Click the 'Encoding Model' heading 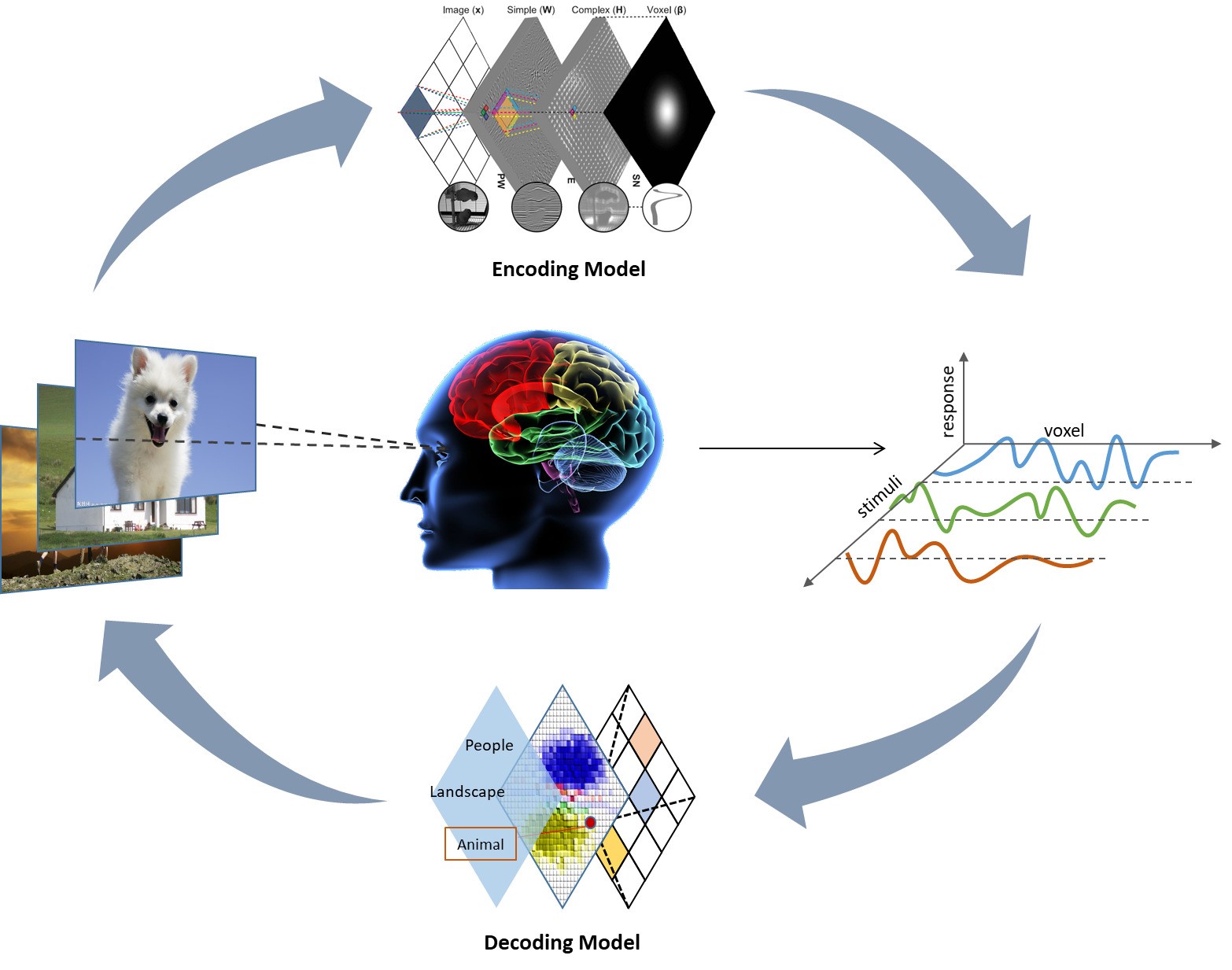(x=568, y=269)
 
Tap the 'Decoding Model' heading (x=562, y=942)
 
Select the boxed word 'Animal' (x=481, y=844)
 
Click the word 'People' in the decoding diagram (x=489, y=745)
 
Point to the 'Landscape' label (x=467, y=791)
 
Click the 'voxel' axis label (x=1064, y=430)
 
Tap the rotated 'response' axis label (x=948, y=400)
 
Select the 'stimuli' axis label (x=879, y=496)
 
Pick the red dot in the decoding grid (x=590, y=822)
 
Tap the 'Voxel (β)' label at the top (x=666, y=10)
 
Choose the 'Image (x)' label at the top (x=463, y=10)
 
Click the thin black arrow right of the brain (x=791, y=448)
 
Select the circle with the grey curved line (x=667, y=208)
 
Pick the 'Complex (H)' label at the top (x=599, y=10)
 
